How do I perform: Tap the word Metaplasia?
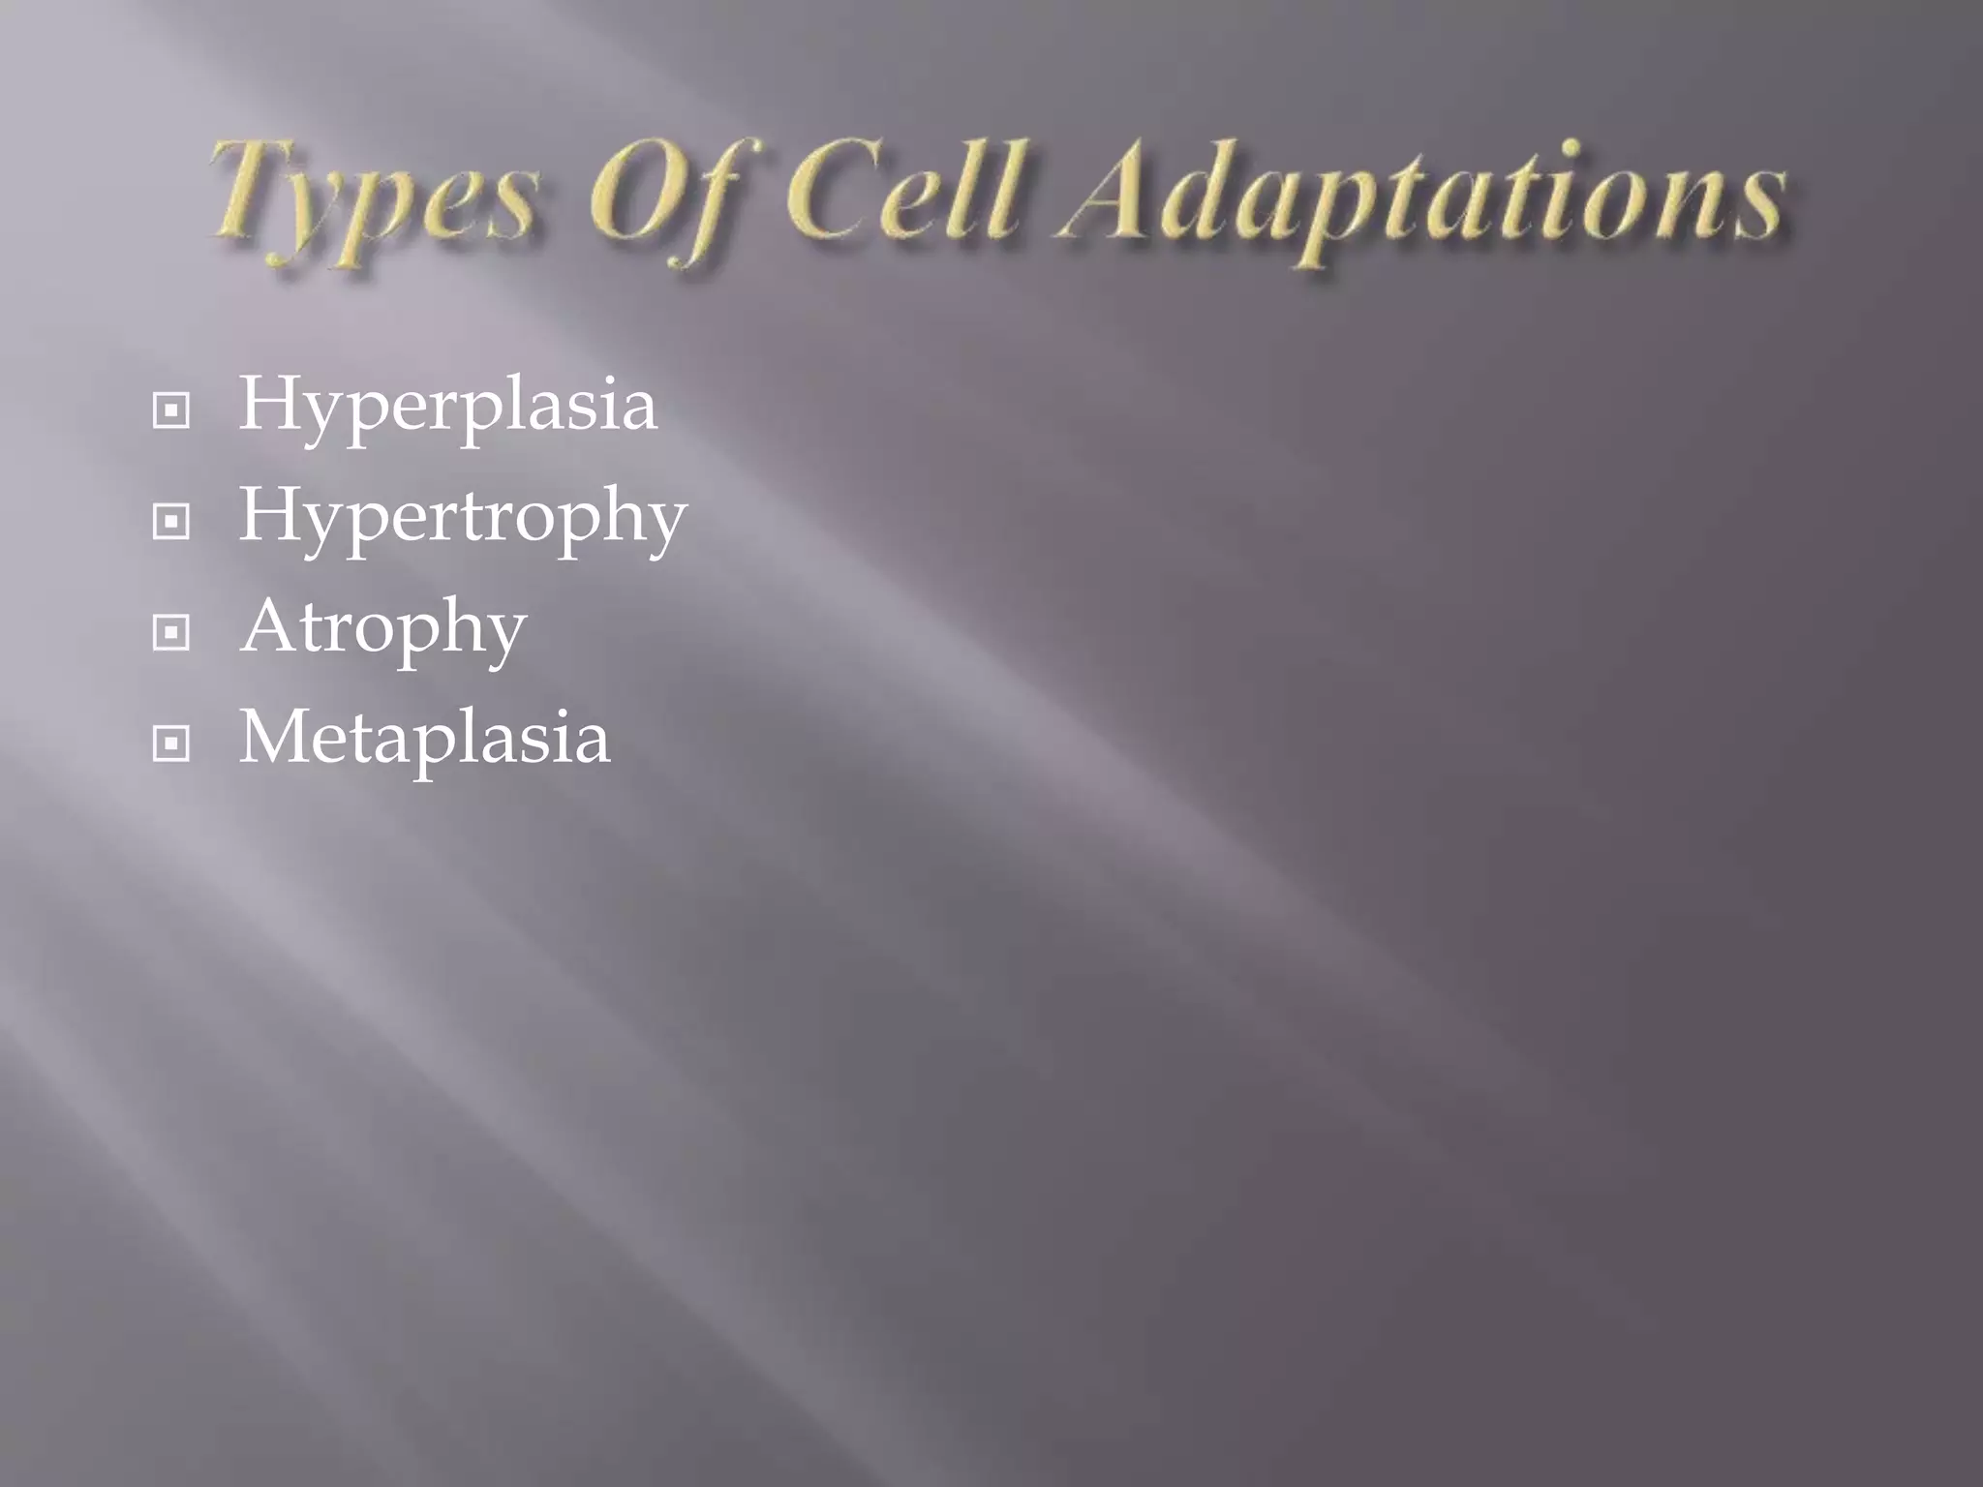point(425,740)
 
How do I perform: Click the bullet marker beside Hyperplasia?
point(171,412)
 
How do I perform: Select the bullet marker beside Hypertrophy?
point(171,523)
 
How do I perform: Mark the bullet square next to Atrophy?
point(171,634)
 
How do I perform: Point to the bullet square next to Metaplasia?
point(171,744)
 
